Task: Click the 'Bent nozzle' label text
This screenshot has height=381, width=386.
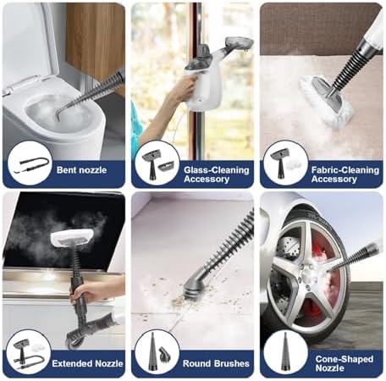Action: click(x=81, y=170)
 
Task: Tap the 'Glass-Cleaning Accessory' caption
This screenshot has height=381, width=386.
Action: click(x=217, y=174)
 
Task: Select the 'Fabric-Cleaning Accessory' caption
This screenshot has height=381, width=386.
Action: click(x=345, y=174)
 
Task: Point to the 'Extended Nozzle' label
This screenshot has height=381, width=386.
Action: click(x=87, y=363)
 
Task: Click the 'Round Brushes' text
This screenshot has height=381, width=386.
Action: click(x=216, y=363)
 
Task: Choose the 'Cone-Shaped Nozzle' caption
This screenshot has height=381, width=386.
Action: click(x=345, y=363)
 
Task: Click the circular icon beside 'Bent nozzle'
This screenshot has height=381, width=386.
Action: click(x=30, y=163)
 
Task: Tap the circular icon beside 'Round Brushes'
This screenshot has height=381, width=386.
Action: click(x=157, y=353)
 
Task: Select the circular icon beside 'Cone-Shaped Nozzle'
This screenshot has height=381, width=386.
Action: click(x=285, y=353)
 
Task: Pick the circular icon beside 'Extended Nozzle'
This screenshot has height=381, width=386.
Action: click(x=29, y=353)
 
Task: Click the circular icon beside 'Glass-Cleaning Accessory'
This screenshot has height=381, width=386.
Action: click(x=157, y=163)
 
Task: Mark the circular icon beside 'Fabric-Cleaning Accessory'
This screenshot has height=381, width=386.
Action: click(x=285, y=163)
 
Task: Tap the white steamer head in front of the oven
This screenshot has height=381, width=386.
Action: click(x=72, y=237)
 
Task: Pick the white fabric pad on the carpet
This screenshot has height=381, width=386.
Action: click(x=324, y=102)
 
